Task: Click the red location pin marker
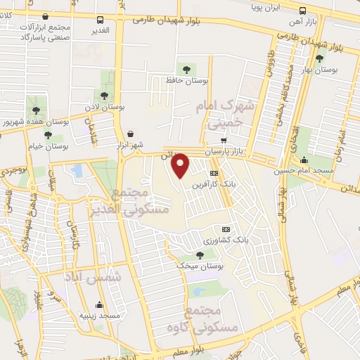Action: click(x=181, y=166)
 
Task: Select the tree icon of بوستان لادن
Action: click(x=104, y=95)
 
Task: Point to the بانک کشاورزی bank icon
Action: click(x=226, y=229)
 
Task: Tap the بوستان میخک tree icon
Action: click(x=199, y=255)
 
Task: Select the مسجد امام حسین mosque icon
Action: click(x=303, y=159)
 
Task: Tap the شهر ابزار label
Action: click(x=131, y=145)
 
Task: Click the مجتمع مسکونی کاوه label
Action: click(x=212, y=319)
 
